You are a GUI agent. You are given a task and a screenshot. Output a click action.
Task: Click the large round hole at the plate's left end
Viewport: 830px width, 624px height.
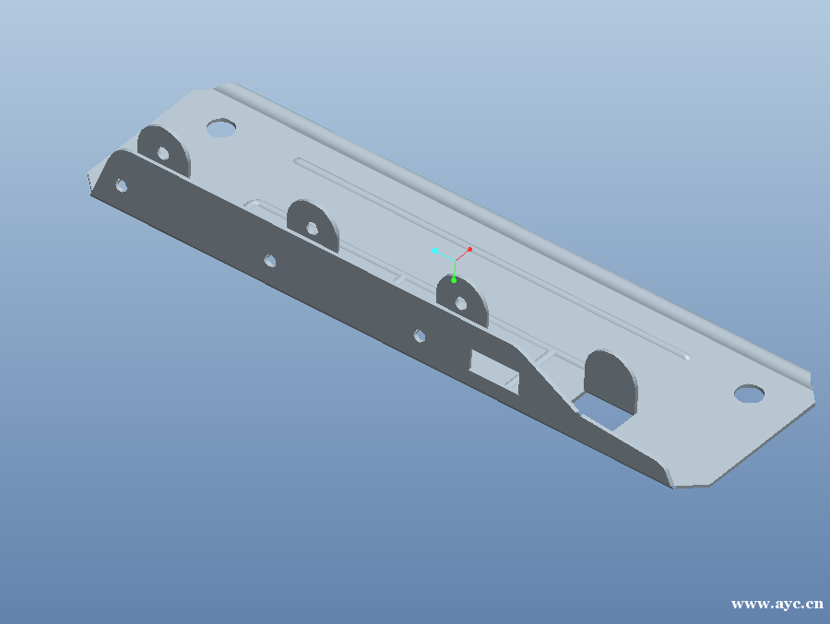pos(221,127)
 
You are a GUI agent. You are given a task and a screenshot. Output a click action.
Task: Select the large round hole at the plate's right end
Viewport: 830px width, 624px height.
pos(749,394)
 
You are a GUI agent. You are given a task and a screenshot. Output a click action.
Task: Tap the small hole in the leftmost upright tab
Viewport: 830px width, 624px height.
pos(163,154)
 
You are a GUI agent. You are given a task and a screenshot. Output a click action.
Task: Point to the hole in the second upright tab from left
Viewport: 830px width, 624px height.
pos(313,229)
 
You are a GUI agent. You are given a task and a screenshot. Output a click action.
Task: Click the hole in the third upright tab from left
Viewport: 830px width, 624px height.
pos(461,304)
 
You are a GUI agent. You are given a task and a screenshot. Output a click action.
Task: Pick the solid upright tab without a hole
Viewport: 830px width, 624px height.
pos(611,381)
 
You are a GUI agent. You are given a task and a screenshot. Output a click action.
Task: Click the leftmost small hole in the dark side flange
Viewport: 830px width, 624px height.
pos(121,186)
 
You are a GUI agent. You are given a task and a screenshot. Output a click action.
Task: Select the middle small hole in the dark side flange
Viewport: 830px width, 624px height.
pos(270,261)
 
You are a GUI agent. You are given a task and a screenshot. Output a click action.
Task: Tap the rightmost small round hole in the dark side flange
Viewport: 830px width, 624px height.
pos(420,336)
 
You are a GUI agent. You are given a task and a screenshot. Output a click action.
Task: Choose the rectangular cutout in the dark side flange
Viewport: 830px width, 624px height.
pos(495,371)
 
